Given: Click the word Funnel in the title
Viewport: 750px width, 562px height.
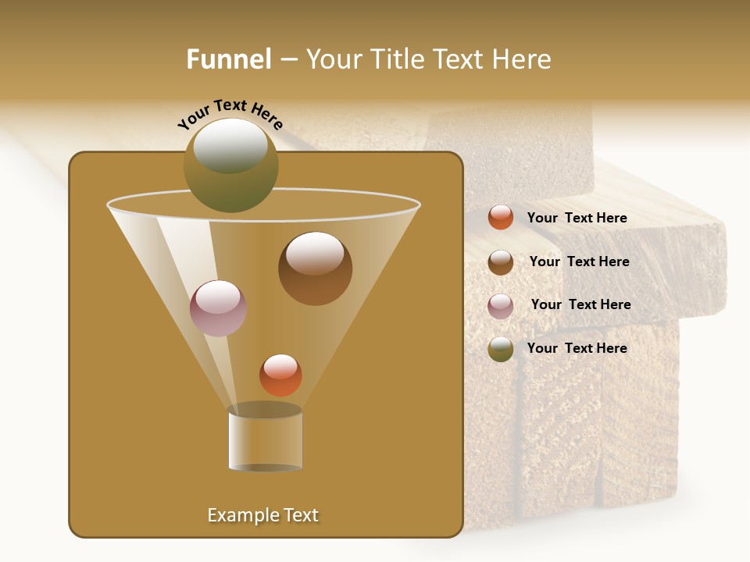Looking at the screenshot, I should [228, 59].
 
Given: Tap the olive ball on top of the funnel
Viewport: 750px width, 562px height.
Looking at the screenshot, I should [230, 165].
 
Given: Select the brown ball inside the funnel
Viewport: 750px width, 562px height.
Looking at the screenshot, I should [315, 269].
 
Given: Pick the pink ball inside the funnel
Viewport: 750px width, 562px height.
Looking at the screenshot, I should [218, 308].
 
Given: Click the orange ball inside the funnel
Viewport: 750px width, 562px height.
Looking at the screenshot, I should [280, 375].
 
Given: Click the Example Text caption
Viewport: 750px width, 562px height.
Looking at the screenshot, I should [262, 515].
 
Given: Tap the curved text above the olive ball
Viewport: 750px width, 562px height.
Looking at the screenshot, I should [230, 114].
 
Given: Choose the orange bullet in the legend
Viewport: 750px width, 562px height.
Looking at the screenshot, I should [501, 218].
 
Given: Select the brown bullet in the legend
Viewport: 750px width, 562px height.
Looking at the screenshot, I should [501, 262].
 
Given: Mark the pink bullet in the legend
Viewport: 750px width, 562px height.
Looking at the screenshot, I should [501, 306].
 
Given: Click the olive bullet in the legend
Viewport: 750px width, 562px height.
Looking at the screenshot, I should [501, 349].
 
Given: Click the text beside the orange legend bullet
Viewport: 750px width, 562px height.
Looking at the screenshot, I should [577, 218].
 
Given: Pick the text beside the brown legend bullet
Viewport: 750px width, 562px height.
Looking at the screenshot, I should [579, 261].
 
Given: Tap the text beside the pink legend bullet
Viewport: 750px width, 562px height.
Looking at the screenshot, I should [580, 304].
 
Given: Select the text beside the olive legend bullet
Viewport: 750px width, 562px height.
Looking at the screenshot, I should [577, 348].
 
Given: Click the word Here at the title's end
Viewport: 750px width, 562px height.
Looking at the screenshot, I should [523, 59].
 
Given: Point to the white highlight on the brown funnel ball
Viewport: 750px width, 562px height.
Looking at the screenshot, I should [315, 253].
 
